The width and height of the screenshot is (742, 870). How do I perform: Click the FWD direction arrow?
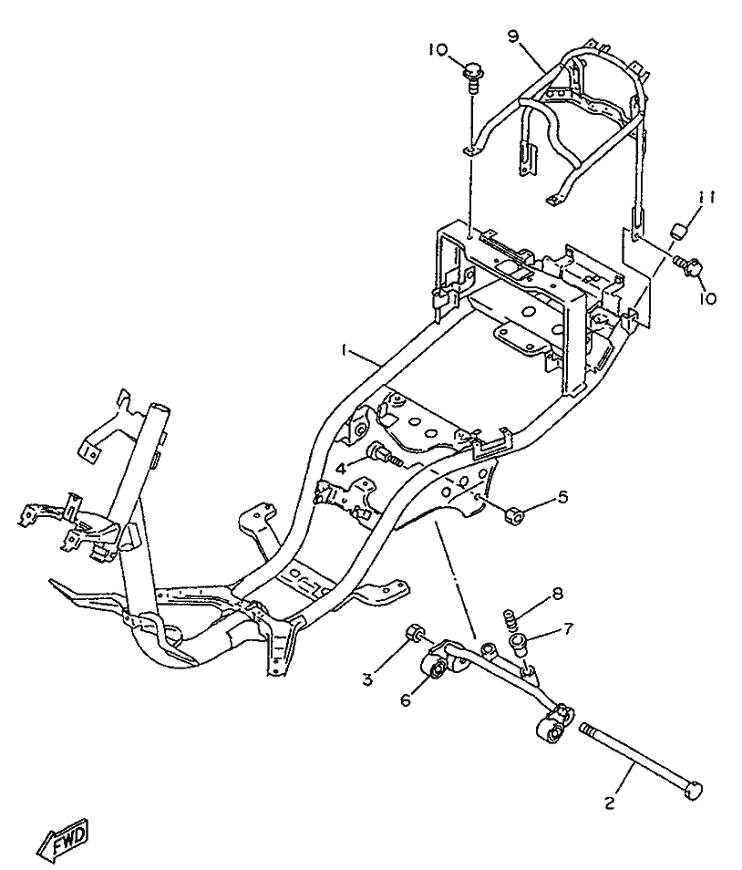(x=62, y=839)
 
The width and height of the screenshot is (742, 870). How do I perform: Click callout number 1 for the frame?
(x=345, y=349)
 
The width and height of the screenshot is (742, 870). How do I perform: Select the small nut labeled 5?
(x=512, y=517)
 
